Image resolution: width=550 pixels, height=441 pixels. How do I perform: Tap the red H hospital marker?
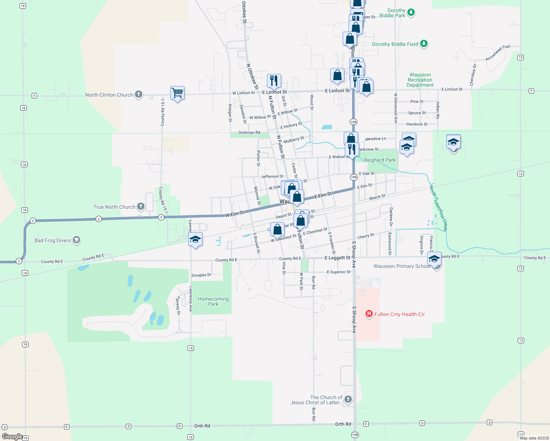369,314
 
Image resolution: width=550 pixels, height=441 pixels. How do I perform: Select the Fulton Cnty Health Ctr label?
400,314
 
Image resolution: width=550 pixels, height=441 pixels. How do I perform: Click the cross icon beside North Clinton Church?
139,94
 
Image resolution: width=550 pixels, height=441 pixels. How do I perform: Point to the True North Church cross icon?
141,207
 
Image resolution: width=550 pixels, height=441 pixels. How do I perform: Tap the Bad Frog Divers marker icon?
76,240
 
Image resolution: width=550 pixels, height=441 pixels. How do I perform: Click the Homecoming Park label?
213,301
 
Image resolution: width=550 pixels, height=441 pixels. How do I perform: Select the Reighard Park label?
380,160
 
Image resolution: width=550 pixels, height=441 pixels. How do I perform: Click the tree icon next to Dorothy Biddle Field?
424,44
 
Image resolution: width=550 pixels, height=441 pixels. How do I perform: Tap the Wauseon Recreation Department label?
420,80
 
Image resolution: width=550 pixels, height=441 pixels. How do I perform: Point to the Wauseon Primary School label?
402,266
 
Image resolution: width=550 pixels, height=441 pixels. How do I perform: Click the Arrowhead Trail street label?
498,53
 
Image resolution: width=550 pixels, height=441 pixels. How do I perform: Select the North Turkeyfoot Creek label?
439,208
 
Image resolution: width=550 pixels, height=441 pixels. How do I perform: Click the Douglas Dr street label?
201,275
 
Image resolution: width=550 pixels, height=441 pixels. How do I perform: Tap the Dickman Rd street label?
249,132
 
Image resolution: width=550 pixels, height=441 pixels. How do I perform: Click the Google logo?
12,437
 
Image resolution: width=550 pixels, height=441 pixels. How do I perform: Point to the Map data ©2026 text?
534,438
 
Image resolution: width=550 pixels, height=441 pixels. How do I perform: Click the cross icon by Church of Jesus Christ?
348,399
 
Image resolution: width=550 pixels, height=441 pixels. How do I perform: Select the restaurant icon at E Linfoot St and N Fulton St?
274,80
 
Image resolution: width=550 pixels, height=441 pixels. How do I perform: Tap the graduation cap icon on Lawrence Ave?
195,240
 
